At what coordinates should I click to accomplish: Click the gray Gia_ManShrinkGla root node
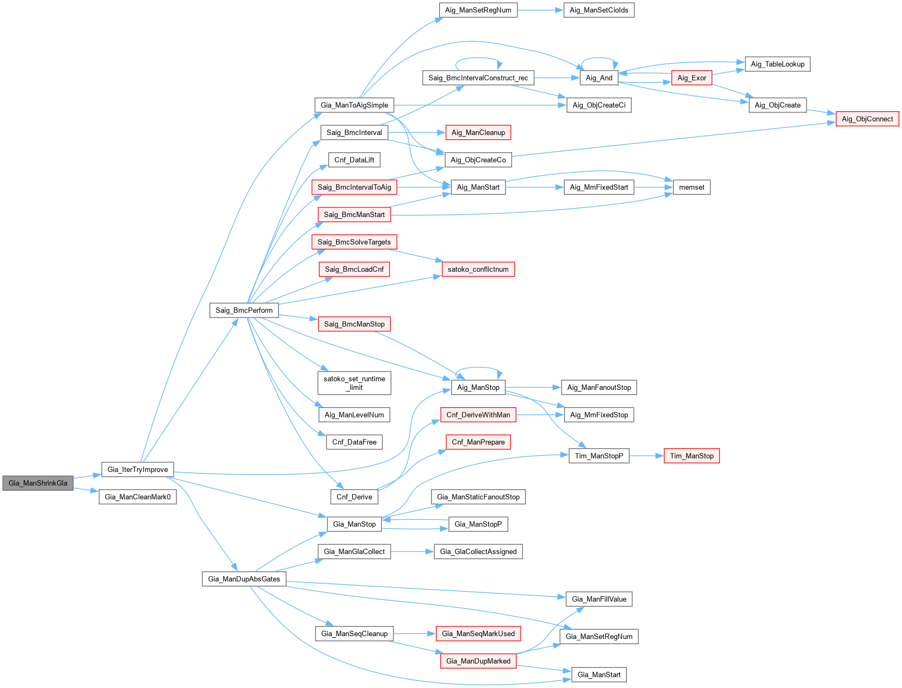(x=38, y=483)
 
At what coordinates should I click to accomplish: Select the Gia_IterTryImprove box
(x=138, y=469)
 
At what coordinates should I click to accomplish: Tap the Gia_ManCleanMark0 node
(x=138, y=497)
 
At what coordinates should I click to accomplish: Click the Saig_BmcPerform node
(x=244, y=310)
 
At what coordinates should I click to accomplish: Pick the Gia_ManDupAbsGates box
(x=244, y=579)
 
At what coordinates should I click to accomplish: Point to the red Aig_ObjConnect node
(x=867, y=119)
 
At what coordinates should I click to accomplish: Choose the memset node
(x=692, y=187)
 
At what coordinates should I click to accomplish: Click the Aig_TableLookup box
(x=777, y=64)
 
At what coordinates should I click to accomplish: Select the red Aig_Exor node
(x=692, y=78)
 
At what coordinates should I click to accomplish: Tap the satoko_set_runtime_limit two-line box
(x=354, y=383)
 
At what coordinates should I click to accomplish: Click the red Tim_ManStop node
(x=692, y=456)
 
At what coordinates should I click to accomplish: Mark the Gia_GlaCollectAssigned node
(x=478, y=551)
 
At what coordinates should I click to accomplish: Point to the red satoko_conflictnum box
(x=478, y=269)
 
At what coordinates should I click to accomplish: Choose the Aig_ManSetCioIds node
(x=599, y=10)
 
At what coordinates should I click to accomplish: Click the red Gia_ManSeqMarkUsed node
(x=478, y=633)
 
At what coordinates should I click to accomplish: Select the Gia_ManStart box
(x=599, y=674)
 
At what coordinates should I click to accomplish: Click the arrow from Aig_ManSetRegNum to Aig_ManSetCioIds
(x=540, y=10)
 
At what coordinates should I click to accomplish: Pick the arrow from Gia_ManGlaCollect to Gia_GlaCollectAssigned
(x=412, y=551)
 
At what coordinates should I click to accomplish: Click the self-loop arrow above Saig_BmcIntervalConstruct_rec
(x=479, y=60)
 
